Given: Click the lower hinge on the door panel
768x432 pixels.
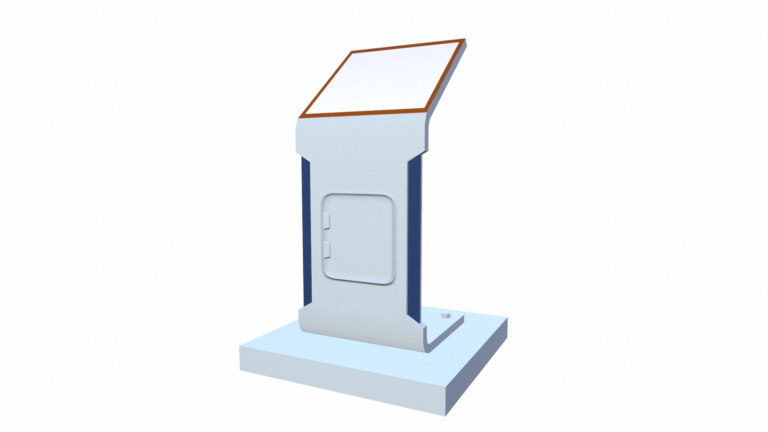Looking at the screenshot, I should [326, 250].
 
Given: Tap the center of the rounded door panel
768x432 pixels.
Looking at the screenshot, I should [358, 239].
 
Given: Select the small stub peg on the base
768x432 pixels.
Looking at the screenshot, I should [445, 316].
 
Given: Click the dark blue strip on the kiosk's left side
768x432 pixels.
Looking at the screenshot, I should [306, 232].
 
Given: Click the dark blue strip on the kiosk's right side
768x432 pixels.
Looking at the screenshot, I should [414, 240].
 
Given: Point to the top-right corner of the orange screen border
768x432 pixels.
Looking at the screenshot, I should [464, 40].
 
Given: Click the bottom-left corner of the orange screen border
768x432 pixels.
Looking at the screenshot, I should [300, 117].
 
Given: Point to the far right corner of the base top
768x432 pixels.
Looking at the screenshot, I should [507, 318].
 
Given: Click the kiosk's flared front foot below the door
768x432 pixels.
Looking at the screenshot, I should [360, 328].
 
